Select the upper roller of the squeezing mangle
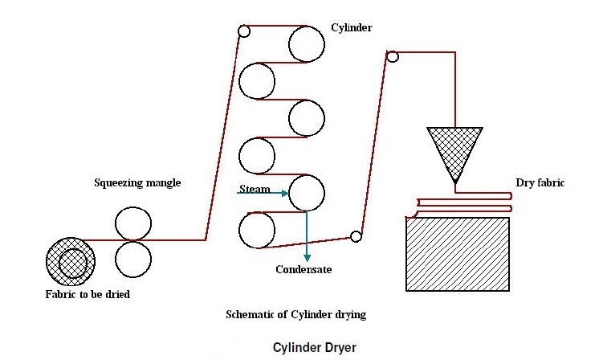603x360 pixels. click(132, 223)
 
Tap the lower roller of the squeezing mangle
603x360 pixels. click(132, 259)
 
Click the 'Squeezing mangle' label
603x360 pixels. click(138, 183)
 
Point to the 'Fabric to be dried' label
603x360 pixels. click(88, 294)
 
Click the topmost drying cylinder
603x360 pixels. click(307, 44)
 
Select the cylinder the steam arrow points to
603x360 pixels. click(307, 194)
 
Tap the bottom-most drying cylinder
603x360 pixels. click(258, 230)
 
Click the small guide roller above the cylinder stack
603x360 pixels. click(244, 32)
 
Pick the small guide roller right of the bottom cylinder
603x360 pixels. click(356, 236)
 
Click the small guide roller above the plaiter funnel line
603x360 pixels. click(393, 56)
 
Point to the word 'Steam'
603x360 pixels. click(255, 190)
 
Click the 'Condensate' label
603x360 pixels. click(303, 269)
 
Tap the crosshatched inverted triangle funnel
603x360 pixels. click(454, 149)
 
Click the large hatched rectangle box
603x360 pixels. click(458, 254)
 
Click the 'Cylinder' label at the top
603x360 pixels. click(352, 28)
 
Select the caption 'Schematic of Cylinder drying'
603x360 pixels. click(295, 314)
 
